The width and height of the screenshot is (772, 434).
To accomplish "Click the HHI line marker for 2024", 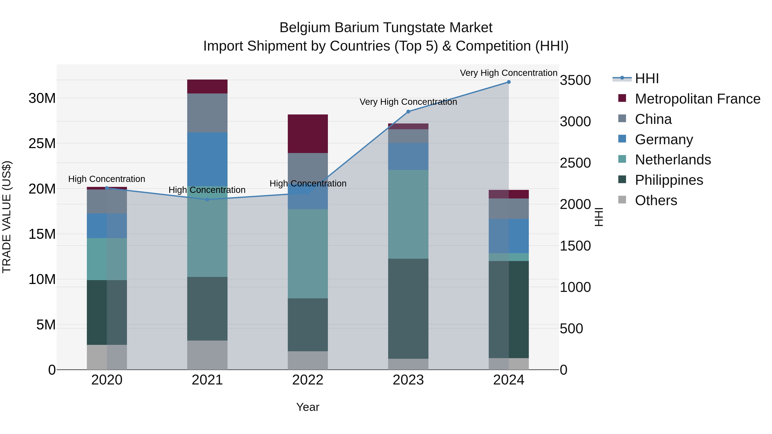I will pos(509,82).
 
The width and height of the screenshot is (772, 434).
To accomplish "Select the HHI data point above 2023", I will pos(408,112).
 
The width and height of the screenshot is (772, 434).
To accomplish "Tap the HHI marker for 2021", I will pos(207,200).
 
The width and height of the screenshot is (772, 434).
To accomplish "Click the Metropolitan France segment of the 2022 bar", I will pos(308,134).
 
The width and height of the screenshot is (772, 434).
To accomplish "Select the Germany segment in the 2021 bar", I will pos(207,159).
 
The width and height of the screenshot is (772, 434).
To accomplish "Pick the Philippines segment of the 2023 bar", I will pos(408,308).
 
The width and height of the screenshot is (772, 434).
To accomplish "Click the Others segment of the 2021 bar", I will pos(207,355).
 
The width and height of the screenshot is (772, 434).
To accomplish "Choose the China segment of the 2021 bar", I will pos(207,113).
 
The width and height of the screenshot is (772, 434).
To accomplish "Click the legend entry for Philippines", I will pos(669,180).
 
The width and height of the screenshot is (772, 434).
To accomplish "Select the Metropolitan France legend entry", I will pos(697,99).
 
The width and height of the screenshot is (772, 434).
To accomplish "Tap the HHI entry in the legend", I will pos(647,78).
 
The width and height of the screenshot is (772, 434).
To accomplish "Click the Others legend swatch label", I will pos(656,200).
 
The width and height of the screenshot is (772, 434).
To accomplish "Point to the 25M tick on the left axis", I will pos(42,143).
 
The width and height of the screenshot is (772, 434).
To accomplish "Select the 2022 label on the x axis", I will pos(308,380).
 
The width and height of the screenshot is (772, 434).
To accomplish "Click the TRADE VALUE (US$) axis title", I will pos(7,217).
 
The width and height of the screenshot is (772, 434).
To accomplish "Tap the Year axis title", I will pos(308,407).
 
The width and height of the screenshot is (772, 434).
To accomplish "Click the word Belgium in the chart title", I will pos(305,28).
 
